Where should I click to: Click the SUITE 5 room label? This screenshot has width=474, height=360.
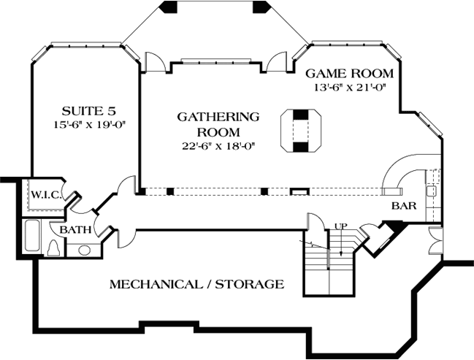[x=88, y=111]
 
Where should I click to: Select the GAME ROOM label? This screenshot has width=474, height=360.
[x=349, y=74]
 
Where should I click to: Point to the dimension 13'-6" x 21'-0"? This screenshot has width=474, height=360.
[x=349, y=87]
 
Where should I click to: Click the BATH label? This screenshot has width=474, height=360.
[x=76, y=229]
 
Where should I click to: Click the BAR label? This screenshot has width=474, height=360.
[x=404, y=206]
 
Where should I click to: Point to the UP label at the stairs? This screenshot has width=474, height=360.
[x=340, y=226]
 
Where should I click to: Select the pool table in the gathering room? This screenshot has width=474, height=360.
[x=300, y=130]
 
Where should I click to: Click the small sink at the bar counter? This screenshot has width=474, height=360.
[x=432, y=191]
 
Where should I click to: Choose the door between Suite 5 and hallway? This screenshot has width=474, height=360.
[x=127, y=185]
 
